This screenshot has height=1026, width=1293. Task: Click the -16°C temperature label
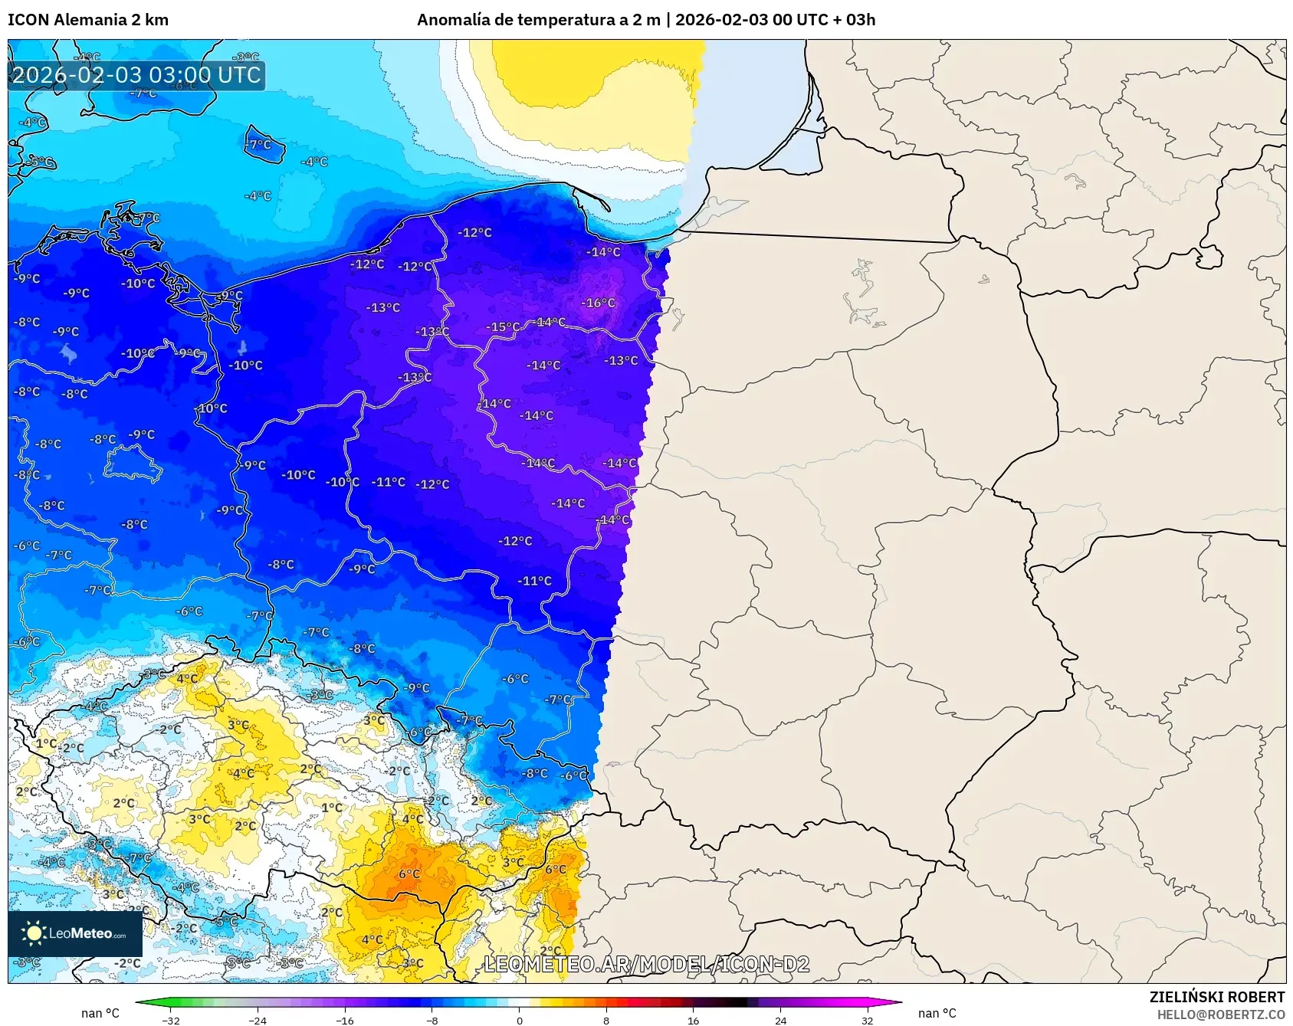point(599,303)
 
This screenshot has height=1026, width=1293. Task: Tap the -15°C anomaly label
point(503,327)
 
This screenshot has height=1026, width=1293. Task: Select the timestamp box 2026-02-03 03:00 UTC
point(136,75)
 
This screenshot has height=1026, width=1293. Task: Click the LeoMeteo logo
point(75,933)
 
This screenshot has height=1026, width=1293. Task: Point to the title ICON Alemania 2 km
point(88,20)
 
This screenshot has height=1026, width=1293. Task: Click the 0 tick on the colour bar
point(520,1020)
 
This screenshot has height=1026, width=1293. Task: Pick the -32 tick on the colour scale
point(171,1020)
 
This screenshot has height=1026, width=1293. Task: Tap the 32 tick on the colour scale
point(867,1020)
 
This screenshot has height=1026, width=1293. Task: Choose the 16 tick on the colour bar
point(693,1020)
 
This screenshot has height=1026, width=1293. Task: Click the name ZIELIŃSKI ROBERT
point(1216,997)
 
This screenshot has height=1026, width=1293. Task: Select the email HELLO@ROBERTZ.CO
point(1220,1015)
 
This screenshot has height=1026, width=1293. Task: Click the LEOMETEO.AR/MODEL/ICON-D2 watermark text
point(646,964)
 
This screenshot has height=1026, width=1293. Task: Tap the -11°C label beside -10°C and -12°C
point(389,482)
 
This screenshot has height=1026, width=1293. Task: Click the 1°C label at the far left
point(45,743)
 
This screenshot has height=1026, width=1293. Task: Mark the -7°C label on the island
point(259,144)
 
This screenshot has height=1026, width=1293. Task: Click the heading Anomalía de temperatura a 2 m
point(538,20)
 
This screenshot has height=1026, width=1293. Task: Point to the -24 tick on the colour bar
point(258,1020)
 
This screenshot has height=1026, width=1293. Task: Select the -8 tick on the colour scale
point(432,1020)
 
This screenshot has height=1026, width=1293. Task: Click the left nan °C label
point(100,1013)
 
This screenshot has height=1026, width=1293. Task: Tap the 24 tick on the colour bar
point(780,1020)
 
